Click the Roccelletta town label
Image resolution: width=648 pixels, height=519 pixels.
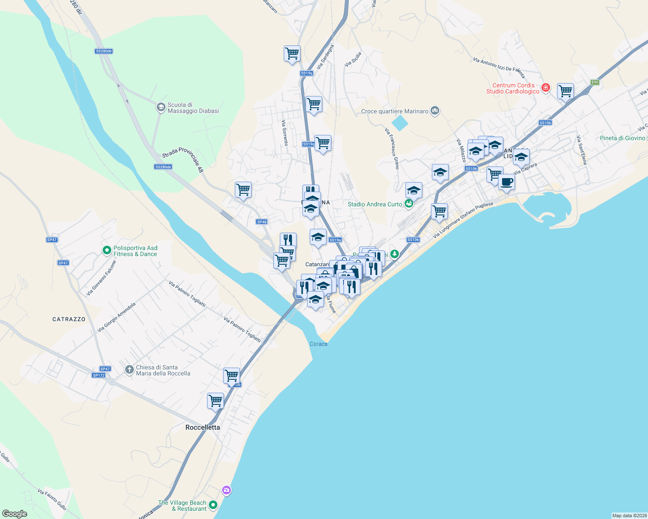[203, 427]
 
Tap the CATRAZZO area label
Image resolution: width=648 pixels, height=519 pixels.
[69, 319]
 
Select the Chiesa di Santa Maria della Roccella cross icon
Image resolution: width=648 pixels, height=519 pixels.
[129, 370]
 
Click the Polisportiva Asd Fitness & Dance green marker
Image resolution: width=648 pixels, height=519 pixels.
[107, 250]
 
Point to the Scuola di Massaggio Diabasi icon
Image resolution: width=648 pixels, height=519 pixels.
[161, 107]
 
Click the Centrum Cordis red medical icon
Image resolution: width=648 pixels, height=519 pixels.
[546, 88]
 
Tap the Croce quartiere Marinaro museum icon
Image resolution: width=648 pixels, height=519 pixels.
[435, 111]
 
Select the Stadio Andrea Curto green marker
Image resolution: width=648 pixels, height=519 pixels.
[408, 203]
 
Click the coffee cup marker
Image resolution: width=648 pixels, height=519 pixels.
[506, 182]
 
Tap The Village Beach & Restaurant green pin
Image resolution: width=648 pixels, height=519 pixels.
[213, 505]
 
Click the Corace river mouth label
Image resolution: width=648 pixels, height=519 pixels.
[318, 344]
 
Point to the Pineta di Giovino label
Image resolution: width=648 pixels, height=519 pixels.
[622, 138]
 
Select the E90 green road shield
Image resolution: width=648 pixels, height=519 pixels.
[595, 82]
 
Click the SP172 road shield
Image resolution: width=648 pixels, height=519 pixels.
[99, 375]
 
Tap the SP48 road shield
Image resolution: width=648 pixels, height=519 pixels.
[262, 222]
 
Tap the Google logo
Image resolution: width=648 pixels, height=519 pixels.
[15, 514]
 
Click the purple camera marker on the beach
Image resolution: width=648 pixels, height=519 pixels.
[226, 490]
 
